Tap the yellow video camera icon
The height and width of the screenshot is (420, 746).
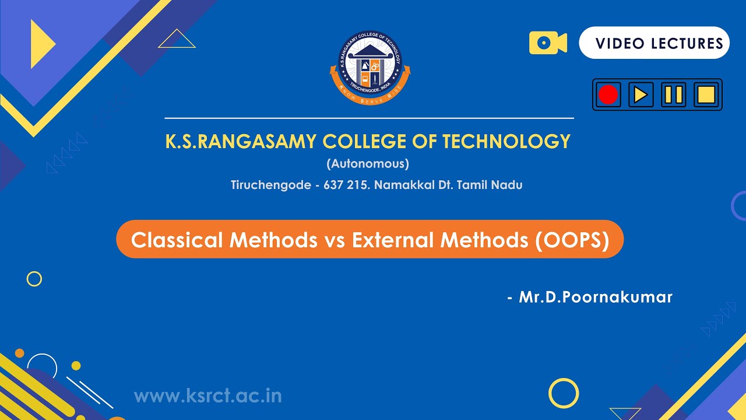click(548, 43)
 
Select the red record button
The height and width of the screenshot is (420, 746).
click(608, 94)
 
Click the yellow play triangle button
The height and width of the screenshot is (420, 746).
click(641, 94)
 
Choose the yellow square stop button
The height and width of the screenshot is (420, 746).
click(705, 94)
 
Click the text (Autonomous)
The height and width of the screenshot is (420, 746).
click(368, 163)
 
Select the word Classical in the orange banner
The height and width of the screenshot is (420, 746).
click(177, 240)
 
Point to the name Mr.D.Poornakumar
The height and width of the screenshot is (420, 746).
click(595, 297)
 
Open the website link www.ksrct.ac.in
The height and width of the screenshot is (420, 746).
click(208, 396)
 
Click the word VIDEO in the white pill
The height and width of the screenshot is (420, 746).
click(620, 43)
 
